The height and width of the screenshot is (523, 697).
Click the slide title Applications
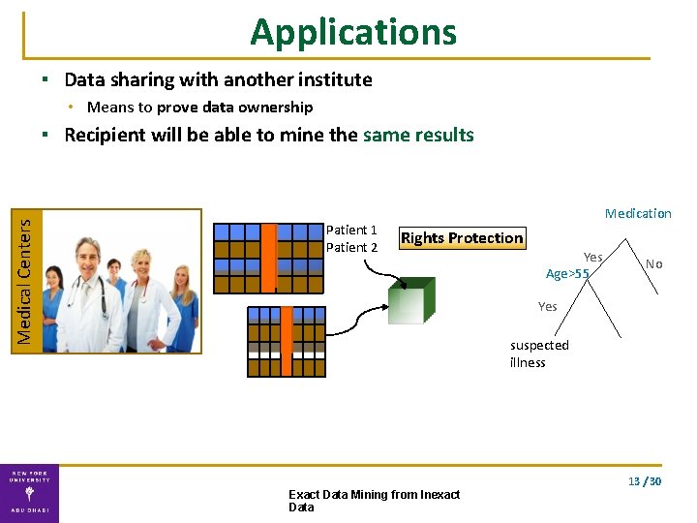click(x=352, y=32)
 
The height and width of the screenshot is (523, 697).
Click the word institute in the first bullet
click(x=335, y=79)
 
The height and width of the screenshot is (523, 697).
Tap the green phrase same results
click(x=418, y=135)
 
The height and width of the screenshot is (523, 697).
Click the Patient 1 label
click(x=351, y=231)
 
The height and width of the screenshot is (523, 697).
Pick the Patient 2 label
click(x=351, y=248)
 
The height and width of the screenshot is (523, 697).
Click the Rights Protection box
click(x=462, y=238)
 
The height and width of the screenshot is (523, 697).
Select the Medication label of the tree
click(x=638, y=213)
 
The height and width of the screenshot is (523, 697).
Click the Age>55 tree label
click(x=567, y=274)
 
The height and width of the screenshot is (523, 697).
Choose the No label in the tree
click(x=654, y=263)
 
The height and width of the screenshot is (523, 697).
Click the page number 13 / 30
click(x=644, y=481)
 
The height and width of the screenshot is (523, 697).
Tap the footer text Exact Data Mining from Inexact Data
click(x=374, y=501)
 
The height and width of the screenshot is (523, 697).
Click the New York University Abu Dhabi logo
click(x=30, y=493)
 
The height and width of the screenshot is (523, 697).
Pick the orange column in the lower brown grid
click(x=287, y=341)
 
